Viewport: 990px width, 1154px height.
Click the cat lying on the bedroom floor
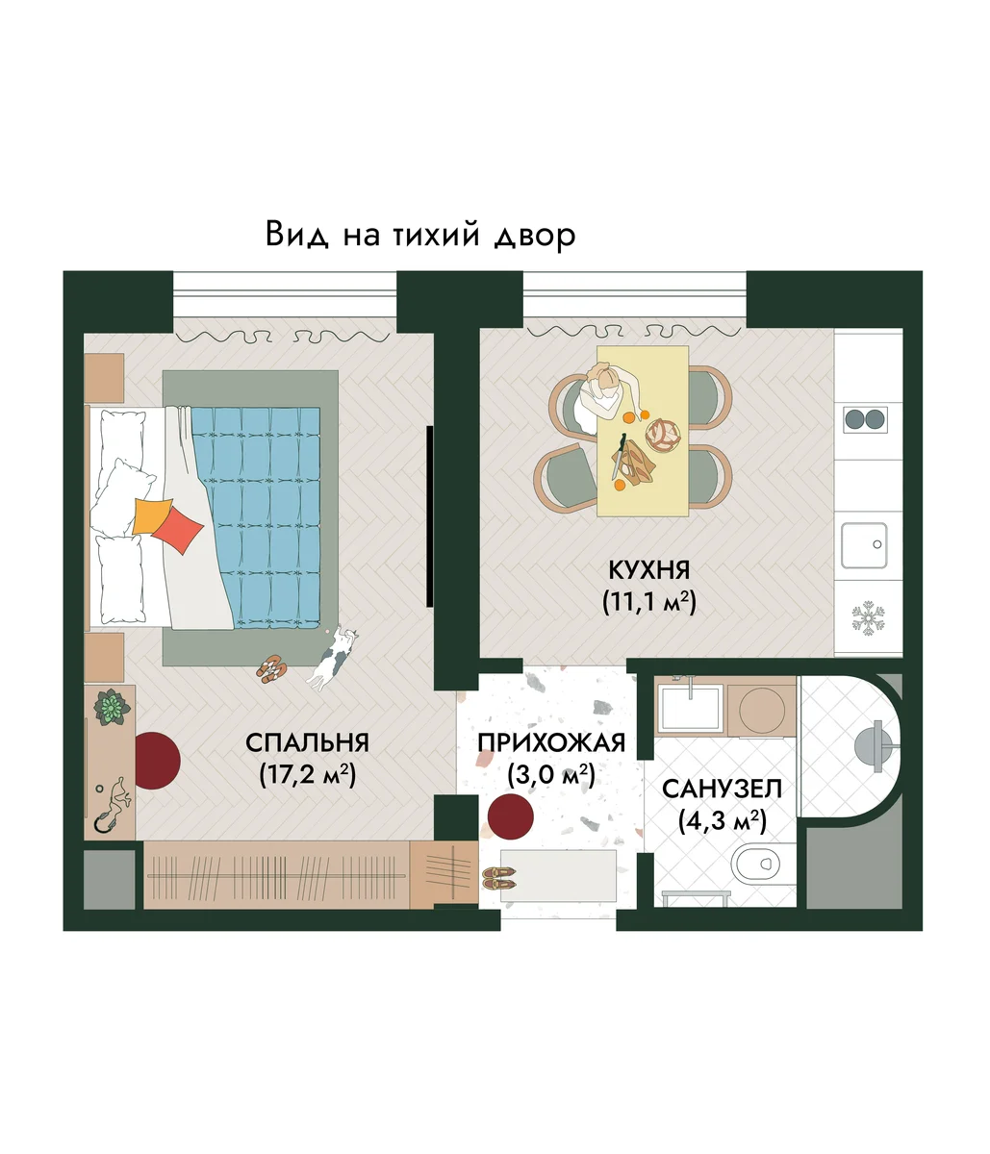(334, 658)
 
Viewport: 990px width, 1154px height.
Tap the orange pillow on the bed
(151, 515)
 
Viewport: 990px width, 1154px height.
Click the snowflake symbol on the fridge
(868, 618)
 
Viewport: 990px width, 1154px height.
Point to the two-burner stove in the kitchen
(865, 418)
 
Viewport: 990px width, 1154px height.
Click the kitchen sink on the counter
(864, 545)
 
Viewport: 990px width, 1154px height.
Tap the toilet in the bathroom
(757, 864)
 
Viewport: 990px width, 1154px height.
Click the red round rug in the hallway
(510, 816)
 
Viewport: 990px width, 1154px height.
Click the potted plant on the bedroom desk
(112, 707)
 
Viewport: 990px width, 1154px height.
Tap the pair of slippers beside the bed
(272, 668)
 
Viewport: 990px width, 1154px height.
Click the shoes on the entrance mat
(498, 878)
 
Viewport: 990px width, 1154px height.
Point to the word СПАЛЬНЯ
(307, 743)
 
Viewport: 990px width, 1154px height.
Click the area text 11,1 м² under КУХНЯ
(649, 603)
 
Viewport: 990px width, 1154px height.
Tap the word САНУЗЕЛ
(722, 789)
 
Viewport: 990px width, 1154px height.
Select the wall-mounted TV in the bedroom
(430, 516)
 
